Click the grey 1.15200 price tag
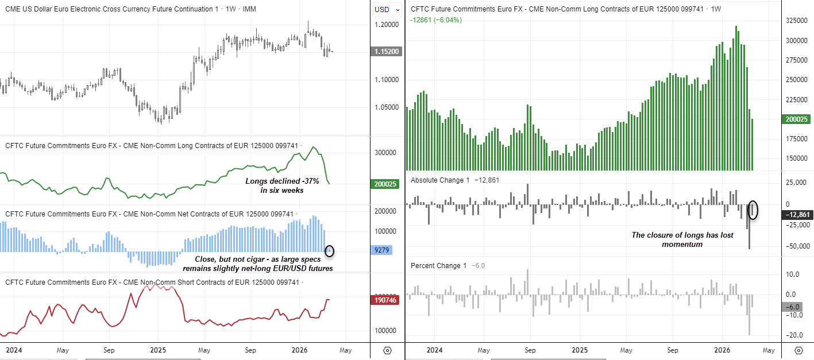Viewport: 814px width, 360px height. pyautogui.click(x=388, y=52)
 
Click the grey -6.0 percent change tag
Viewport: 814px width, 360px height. pyautogui.click(x=795, y=307)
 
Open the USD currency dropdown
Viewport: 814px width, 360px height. pyautogui.click(x=383, y=10)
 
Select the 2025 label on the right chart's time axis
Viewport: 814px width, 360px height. pyautogui.click(x=580, y=350)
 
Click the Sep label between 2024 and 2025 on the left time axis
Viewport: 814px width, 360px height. pyautogui.click(x=109, y=350)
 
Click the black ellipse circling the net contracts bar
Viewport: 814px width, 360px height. pyautogui.click(x=329, y=250)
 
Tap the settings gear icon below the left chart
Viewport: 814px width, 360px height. pyautogui.click(x=387, y=350)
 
